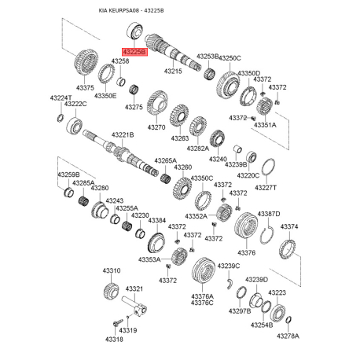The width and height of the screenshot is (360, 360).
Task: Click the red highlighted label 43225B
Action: (135, 52)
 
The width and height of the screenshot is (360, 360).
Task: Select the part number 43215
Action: (173, 71)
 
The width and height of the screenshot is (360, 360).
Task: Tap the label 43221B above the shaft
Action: (123, 135)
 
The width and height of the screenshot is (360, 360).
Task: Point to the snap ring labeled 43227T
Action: (268, 167)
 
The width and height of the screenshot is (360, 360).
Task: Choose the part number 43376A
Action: (202, 296)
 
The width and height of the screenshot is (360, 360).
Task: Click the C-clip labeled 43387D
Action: (267, 234)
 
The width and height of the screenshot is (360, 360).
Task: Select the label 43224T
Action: (61, 97)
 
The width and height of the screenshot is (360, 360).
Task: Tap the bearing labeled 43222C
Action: (75, 126)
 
